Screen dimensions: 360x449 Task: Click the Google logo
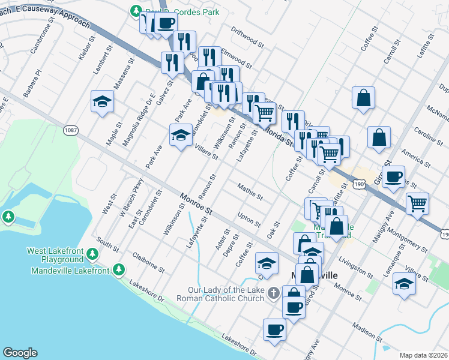click(x=19, y=353)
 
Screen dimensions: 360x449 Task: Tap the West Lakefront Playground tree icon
click(x=92, y=255)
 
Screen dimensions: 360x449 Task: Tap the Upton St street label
click(x=249, y=220)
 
